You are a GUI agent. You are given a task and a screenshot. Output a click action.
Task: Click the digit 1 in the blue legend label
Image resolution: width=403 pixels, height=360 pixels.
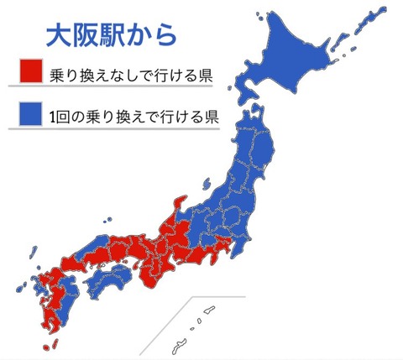point(55,115)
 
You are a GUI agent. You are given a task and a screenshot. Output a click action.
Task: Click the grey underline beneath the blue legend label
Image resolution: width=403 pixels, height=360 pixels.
point(118,128)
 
